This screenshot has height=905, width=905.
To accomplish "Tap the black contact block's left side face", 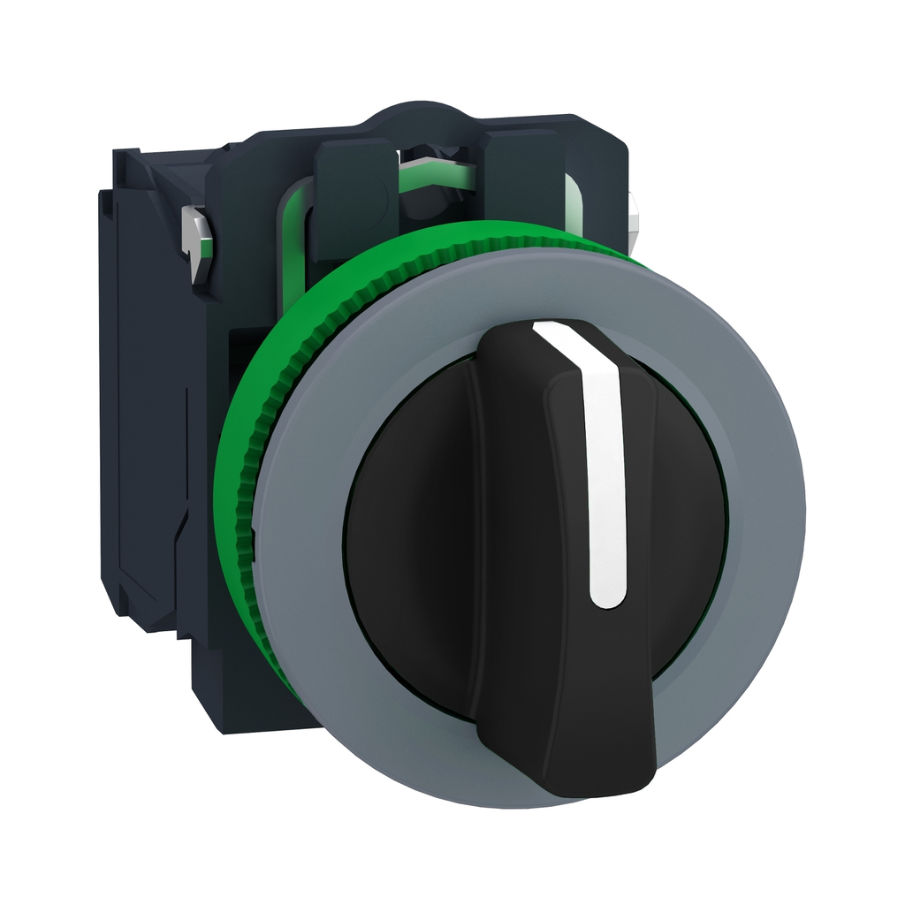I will [141, 398].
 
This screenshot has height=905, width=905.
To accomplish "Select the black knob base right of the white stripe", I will [681, 530].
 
